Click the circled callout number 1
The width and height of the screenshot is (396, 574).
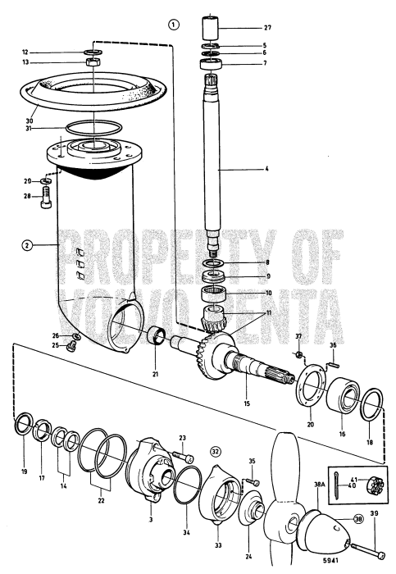pyautogui.click(x=173, y=24)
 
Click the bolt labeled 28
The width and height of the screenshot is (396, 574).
pyautogui.click(x=46, y=198)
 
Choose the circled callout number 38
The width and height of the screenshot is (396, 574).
pyautogui.click(x=359, y=519)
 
